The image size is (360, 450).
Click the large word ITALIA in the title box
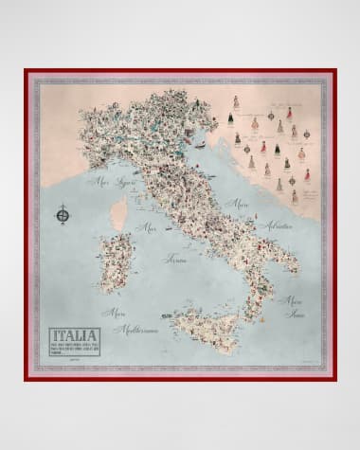point(73,336)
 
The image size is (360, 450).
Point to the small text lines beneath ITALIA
point(73,349)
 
